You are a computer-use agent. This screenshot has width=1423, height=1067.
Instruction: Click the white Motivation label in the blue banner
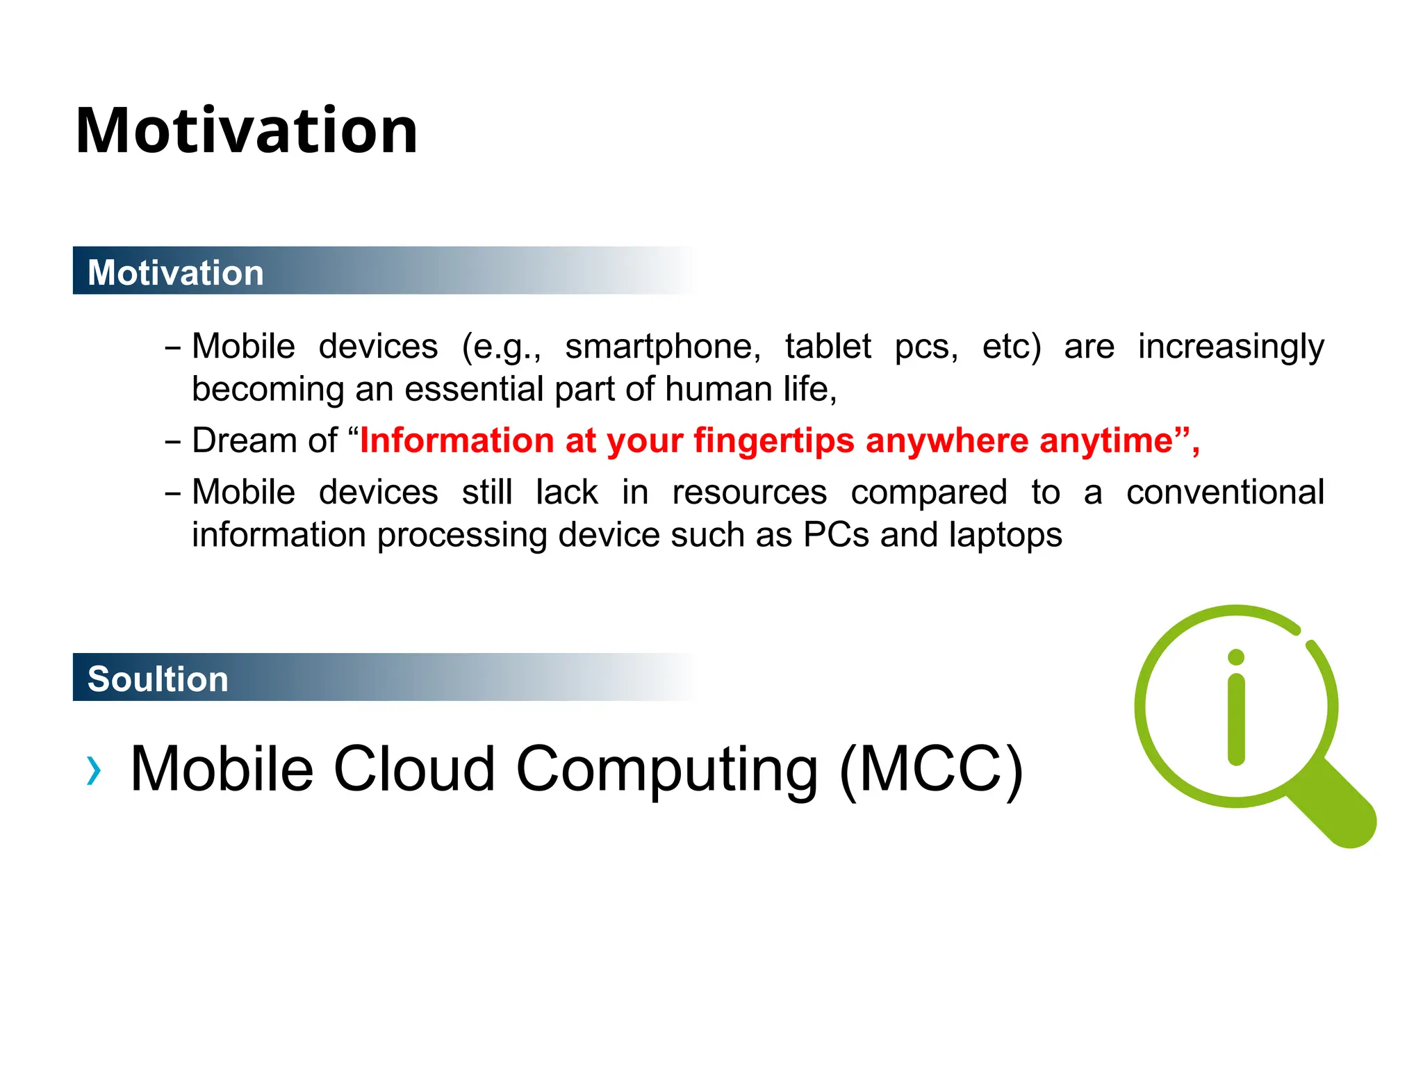175,272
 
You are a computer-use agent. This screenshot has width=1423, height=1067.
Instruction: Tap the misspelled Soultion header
158,679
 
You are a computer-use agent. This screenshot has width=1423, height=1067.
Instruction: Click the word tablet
828,346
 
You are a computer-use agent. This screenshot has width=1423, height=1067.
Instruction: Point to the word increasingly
1231,347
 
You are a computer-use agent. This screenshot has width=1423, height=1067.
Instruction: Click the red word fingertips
774,441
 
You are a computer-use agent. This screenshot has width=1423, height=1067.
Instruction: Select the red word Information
456,440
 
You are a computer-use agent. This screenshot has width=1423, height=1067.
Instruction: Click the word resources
749,493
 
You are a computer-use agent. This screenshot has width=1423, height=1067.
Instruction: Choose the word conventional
1225,493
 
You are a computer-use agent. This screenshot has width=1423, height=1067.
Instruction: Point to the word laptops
1005,536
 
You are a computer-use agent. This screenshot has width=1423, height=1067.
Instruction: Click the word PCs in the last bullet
836,535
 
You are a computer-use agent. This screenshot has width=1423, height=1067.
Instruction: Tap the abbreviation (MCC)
931,769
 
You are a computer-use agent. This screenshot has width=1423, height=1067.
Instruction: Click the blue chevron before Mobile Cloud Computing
94,770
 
